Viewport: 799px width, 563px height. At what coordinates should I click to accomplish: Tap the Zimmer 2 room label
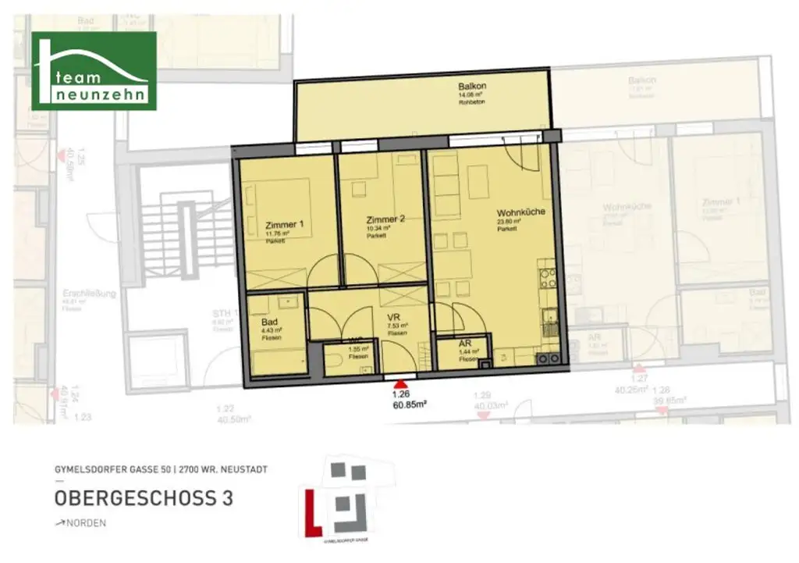tap(385, 219)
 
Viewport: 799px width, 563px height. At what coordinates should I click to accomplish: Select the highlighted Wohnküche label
tap(520, 212)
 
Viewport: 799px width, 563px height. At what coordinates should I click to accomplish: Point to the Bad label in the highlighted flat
tap(268, 321)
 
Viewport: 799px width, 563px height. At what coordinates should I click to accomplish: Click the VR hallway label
tap(394, 318)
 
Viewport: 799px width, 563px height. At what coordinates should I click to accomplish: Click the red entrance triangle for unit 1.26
tap(401, 384)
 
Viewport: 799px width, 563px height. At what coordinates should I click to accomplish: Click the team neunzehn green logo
tap(94, 71)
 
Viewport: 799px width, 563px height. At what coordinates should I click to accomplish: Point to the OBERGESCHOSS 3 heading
tap(144, 498)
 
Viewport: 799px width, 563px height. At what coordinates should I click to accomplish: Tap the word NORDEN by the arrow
tap(87, 523)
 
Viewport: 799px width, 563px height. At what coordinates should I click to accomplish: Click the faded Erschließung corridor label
tap(89, 294)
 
